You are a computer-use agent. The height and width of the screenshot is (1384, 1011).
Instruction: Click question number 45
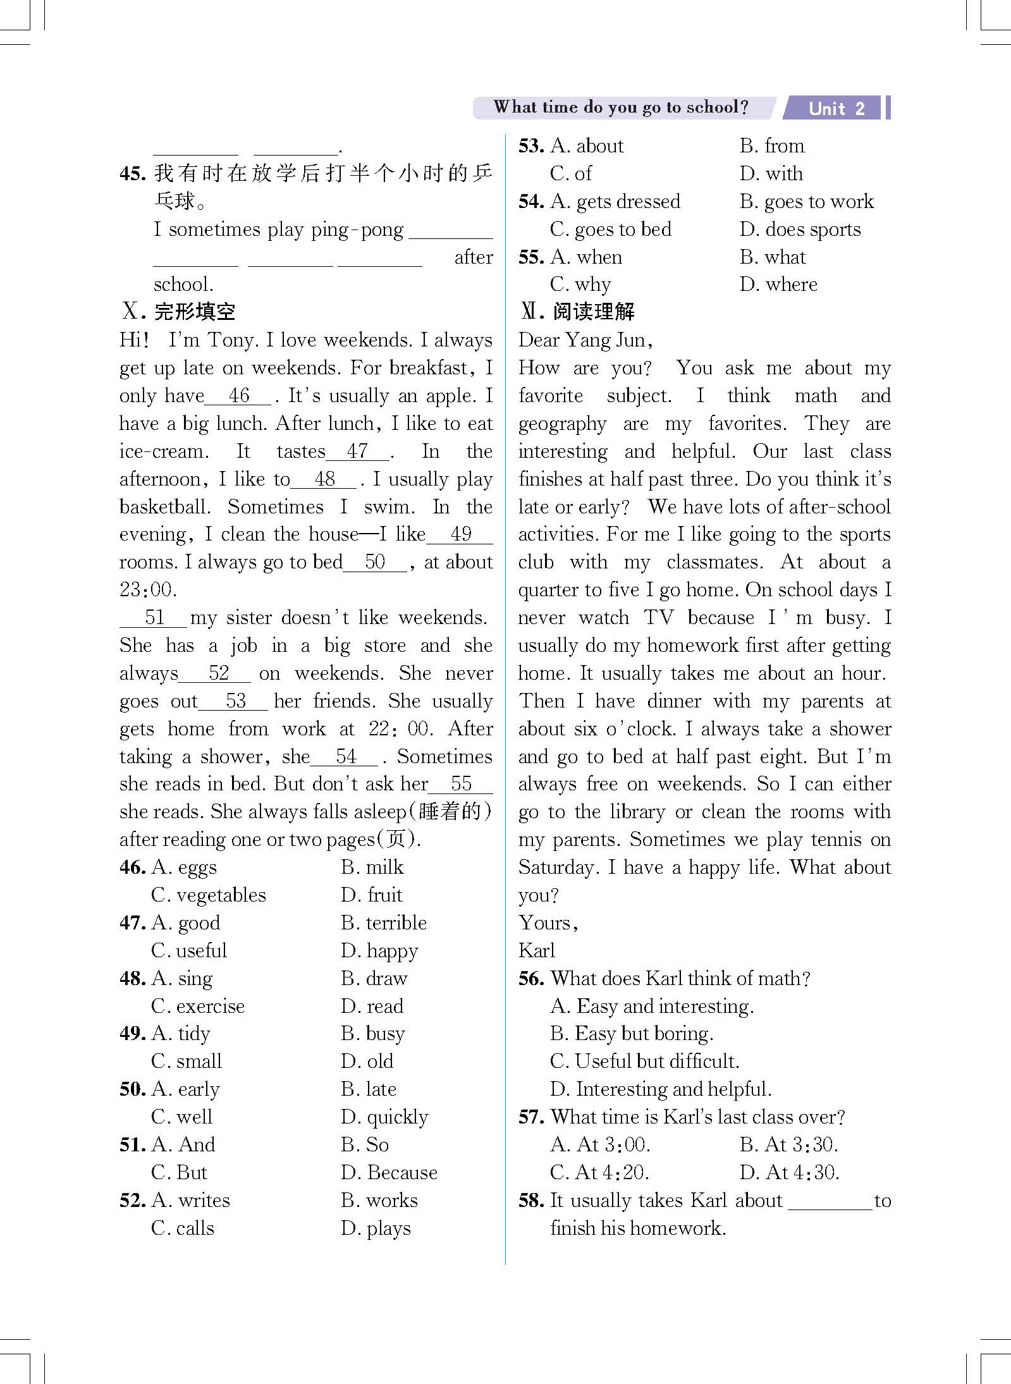(133, 173)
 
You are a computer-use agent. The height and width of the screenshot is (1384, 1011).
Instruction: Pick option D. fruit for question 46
(372, 895)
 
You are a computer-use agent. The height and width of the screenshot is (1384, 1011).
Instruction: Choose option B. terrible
(384, 922)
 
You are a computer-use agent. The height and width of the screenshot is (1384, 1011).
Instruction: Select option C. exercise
(198, 1006)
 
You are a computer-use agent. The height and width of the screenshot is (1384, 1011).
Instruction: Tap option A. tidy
(181, 1034)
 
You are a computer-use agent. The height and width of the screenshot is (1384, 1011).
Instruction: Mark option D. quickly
(384, 1117)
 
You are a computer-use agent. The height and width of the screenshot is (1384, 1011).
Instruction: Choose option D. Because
(389, 1173)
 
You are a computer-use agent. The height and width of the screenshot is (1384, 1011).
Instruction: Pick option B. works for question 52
(379, 1201)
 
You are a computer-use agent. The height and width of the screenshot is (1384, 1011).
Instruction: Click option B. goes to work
(807, 202)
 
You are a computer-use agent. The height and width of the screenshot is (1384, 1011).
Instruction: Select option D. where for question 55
(778, 285)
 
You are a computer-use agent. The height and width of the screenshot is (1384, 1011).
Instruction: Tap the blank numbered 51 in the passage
(154, 618)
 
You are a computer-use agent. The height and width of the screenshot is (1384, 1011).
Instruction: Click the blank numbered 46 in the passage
(239, 396)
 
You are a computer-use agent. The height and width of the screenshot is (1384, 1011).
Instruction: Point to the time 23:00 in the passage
(147, 590)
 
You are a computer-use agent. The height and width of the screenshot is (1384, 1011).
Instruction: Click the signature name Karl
(536, 950)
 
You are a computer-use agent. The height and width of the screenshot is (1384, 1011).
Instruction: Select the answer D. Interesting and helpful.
(661, 1089)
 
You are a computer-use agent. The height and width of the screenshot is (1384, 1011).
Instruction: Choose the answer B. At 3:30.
(788, 1145)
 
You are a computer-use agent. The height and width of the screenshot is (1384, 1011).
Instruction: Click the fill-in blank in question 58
(830, 1201)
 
